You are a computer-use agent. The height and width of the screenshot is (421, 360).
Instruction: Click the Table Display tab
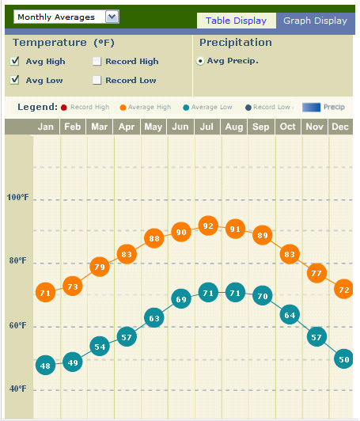click(236, 21)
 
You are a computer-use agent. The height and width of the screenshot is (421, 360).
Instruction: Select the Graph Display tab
click(315, 21)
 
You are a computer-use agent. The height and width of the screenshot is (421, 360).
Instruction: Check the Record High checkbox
click(97, 61)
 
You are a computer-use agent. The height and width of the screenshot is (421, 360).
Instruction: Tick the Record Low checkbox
click(97, 80)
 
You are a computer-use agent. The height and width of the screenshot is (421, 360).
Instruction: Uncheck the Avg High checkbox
click(15, 61)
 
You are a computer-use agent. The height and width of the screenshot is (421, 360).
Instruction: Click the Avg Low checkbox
click(15, 80)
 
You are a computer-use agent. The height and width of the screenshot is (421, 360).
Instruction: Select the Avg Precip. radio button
click(200, 60)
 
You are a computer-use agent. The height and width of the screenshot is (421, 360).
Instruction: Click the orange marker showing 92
click(208, 226)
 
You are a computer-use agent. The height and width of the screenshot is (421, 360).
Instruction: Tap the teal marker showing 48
click(46, 366)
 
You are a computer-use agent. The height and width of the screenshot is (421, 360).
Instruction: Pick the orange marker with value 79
click(100, 267)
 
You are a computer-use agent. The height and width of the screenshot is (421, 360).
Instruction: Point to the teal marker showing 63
click(154, 318)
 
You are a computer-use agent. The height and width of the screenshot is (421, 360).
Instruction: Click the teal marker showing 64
click(290, 315)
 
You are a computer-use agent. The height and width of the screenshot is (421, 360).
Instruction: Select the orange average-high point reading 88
click(154, 238)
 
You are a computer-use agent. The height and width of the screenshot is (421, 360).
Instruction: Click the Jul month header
click(208, 127)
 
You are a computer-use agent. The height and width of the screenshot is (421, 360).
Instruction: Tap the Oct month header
click(287, 127)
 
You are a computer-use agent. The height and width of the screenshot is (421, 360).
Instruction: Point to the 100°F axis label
click(17, 197)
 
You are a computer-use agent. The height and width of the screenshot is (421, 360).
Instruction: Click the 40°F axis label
click(17, 389)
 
